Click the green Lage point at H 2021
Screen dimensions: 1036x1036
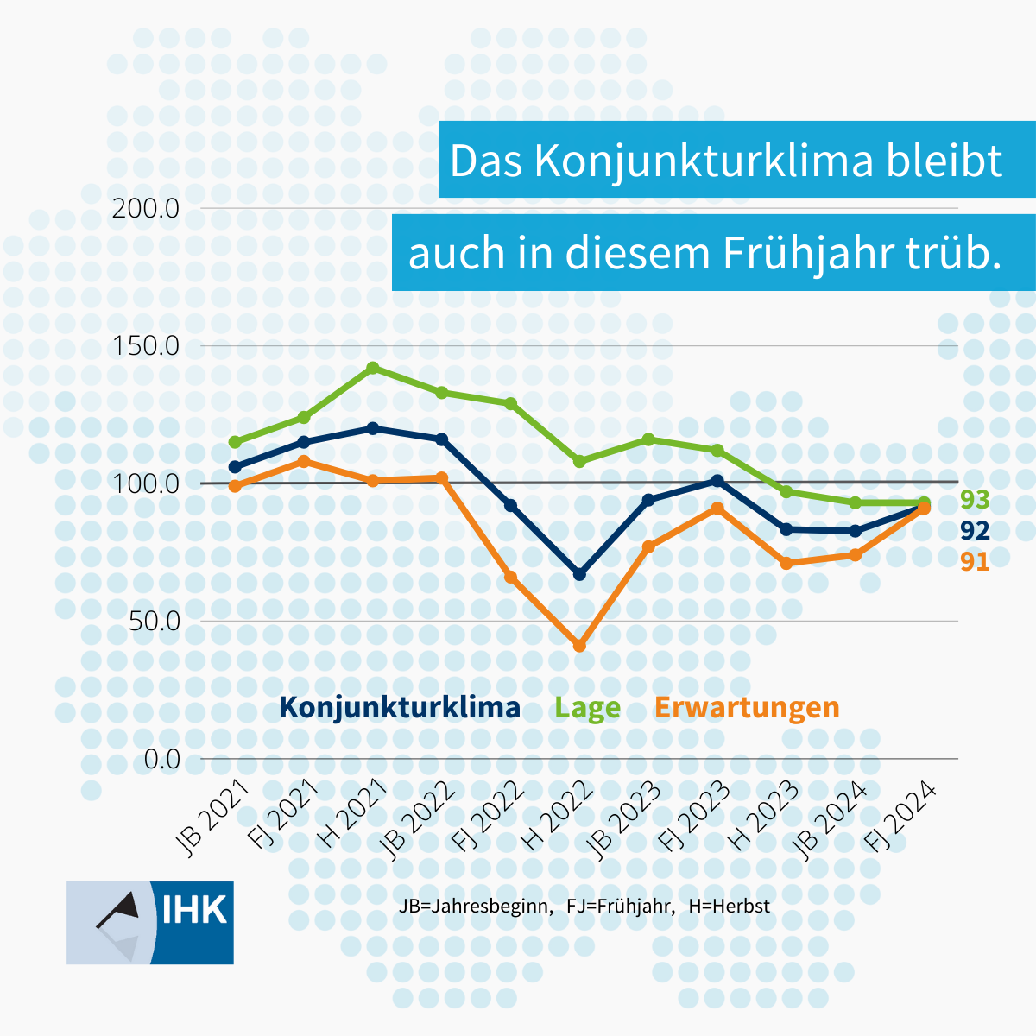(373, 368)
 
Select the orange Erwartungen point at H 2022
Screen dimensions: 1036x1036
(579, 646)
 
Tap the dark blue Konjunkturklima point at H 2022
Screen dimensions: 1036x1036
(579, 574)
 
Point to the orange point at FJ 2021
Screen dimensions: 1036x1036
(304, 461)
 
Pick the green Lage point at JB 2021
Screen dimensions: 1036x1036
(235, 442)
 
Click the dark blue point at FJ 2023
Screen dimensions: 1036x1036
(717, 480)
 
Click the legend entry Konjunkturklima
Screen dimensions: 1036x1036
(400, 708)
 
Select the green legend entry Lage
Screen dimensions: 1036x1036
(587, 708)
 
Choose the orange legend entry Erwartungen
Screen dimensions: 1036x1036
(747, 708)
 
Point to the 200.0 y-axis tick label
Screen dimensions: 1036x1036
(146, 208)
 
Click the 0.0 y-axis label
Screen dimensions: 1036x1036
(161, 759)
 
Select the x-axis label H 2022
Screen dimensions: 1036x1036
(559, 816)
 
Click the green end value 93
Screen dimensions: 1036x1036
(975, 500)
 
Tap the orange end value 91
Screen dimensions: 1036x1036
(975, 562)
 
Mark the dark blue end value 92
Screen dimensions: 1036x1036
(975, 531)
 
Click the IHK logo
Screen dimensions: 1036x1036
(150, 922)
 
